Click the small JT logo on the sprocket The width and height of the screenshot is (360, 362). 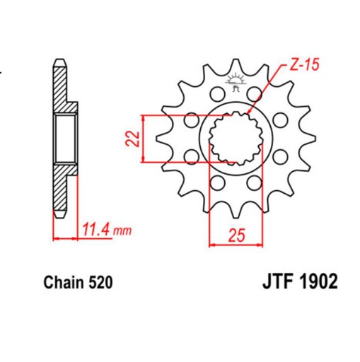point(234,86)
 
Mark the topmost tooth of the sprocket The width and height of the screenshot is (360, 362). point(234,66)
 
